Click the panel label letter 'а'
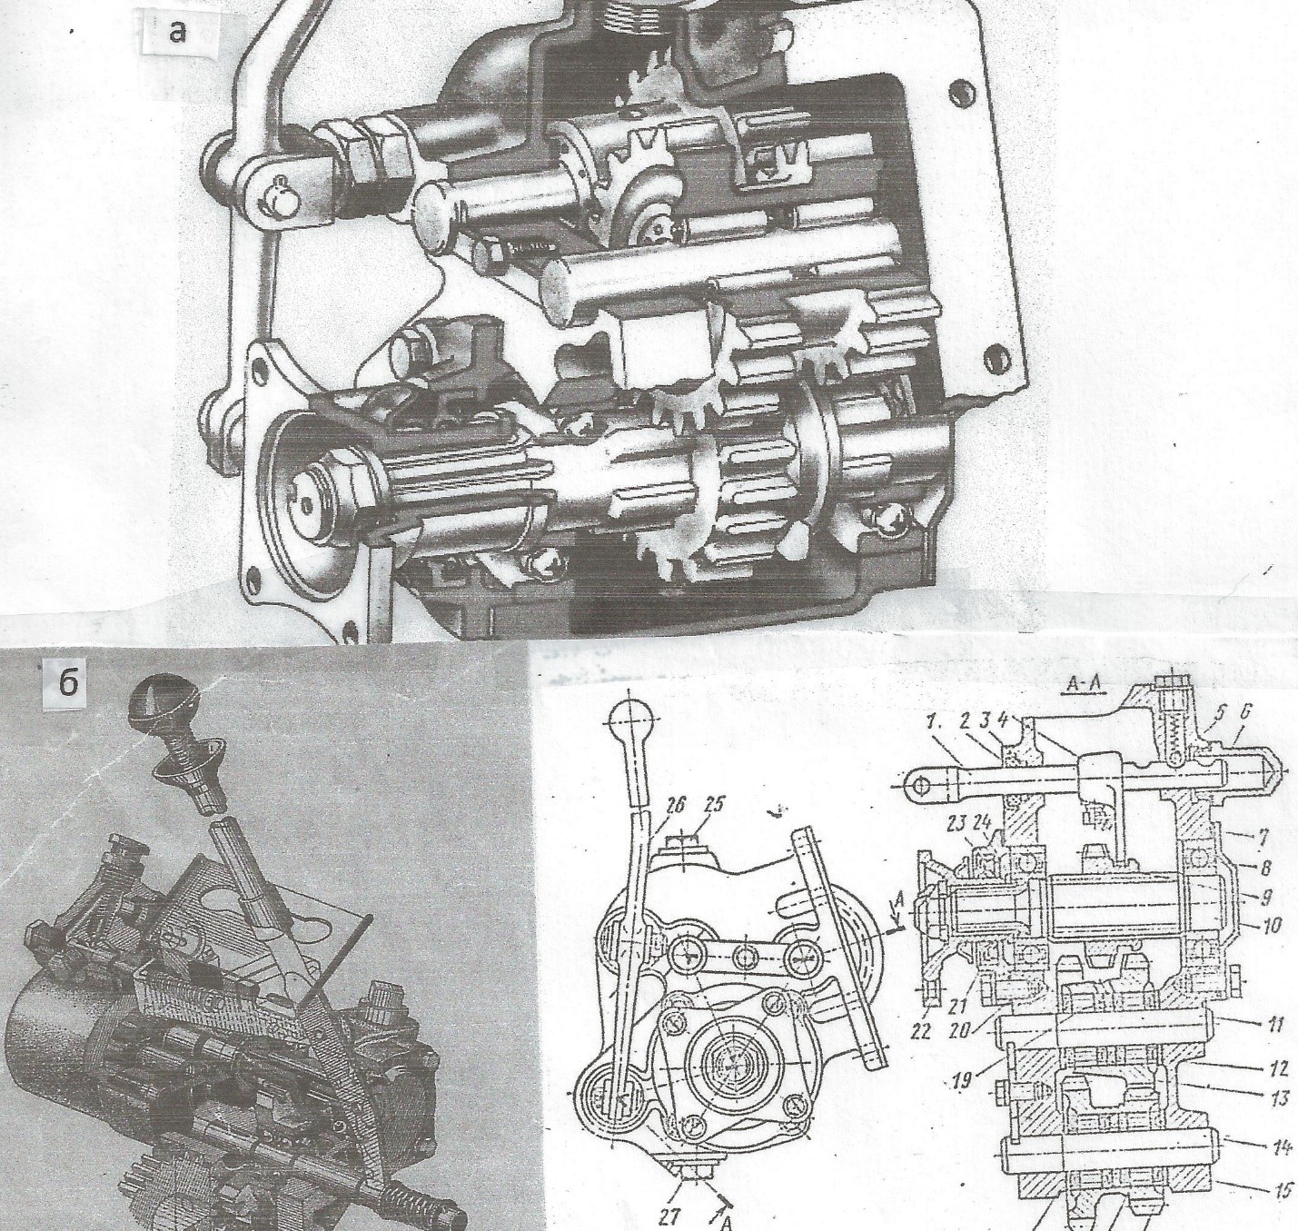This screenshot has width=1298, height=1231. click(x=178, y=32)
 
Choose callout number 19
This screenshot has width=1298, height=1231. click(x=966, y=1082)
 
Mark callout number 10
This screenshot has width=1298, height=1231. click(x=1270, y=926)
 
